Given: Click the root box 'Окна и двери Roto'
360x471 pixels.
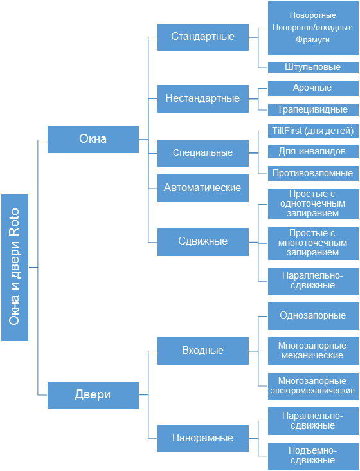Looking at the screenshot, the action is click(x=15, y=267).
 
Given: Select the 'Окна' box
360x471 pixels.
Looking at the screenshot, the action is click(x=93, y=140).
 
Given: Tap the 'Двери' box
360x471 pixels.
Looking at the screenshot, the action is click(x=93, y=394).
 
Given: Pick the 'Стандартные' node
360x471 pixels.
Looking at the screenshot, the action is click(x=203, y=37).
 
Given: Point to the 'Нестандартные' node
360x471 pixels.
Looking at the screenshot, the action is click(x=203, y=98).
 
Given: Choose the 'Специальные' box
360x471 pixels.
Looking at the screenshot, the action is click(x=203, y=153).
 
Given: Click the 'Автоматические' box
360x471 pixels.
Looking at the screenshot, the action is click(x=203, y=188).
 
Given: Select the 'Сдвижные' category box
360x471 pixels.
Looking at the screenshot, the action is click(x=203, y=242).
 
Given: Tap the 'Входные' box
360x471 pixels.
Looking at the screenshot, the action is click(x=203, y=351).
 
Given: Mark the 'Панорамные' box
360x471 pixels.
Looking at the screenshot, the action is click(x=203, y=439).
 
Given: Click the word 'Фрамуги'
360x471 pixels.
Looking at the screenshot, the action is click(x=312, y=40).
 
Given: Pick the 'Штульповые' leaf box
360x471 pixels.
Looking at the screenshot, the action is click(x=313, y=68).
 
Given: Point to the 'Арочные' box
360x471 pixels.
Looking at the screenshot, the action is click(x=313, y=88).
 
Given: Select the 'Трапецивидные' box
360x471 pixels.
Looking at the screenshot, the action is click(x=313, y=110).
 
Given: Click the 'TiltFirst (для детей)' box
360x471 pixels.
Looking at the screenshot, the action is click(x=313, y=131).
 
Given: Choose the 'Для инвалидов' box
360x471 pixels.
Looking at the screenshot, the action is click(x=313, y=152).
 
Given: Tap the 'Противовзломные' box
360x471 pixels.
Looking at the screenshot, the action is click(x=313, y=173).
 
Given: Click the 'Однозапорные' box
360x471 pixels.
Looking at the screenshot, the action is click(x=313, y=316).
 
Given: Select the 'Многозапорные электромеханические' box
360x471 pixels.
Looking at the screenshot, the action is click(x=313, y=386).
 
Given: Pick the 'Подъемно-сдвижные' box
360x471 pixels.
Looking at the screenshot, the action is click(x=313, y=456).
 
